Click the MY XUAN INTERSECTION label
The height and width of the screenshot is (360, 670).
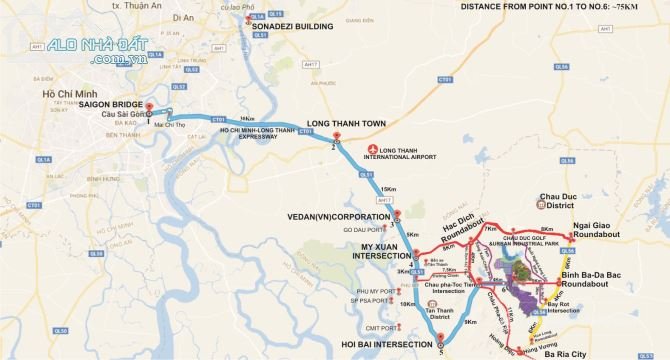(379, 250)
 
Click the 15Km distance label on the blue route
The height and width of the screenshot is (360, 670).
(386, 189)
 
